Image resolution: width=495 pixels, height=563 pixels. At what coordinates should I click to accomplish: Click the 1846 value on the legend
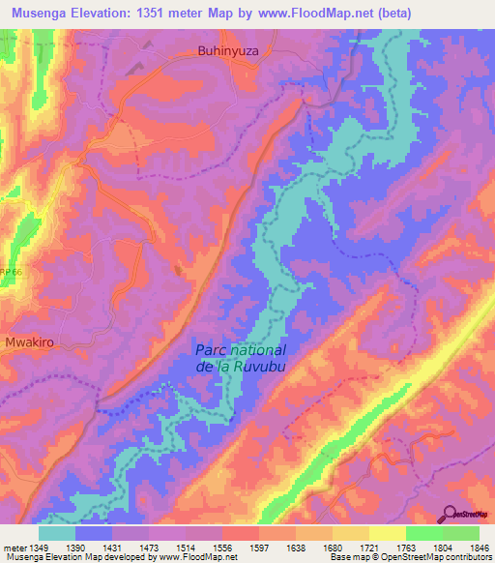click(480, 547)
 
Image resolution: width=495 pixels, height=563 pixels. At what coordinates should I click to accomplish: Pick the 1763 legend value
click(407, 547)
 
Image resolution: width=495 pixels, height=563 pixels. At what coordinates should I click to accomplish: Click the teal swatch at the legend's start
click(56, 532)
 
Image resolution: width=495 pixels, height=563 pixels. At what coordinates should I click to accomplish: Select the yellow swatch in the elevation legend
click(387, 532)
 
